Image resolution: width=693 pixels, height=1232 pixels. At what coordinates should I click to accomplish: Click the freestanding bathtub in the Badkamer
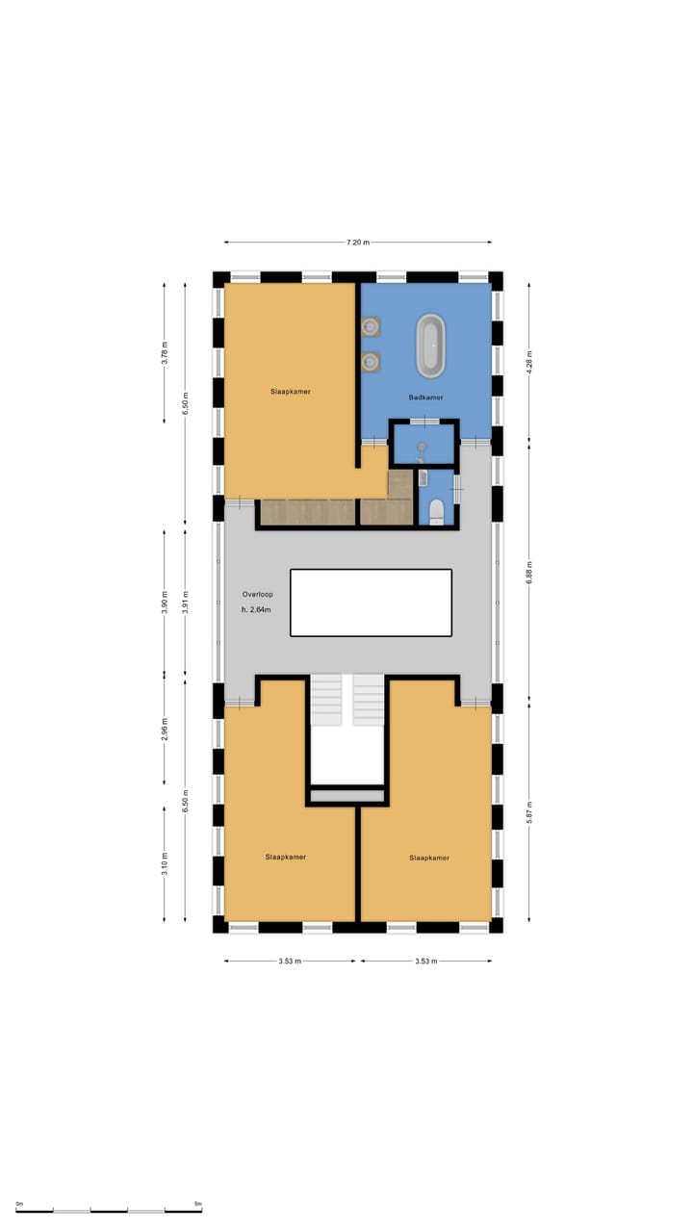(431, 345)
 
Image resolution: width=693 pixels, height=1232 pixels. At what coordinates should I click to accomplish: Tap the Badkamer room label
(425, 397)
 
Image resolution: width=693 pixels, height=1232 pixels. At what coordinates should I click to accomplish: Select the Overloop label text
(258, 594)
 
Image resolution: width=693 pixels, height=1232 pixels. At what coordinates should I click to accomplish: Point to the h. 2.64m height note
(257, 609)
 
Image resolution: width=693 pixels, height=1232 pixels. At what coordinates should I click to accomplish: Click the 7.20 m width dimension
(358, 242)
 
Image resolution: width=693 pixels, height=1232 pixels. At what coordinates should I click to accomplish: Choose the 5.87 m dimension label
(528, 812)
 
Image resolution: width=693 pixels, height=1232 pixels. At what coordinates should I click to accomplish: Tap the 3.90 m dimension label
(165, 602)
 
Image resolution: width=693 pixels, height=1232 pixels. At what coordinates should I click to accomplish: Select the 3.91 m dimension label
(186, 602)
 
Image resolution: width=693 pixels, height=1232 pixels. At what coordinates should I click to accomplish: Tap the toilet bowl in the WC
(436, 510)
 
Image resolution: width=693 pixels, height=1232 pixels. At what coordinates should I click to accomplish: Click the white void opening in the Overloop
(371, 602)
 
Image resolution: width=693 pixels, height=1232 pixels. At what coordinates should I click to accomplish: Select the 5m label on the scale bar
(197, 1204)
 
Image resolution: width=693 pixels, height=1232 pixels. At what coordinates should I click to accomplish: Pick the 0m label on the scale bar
(19, 1204)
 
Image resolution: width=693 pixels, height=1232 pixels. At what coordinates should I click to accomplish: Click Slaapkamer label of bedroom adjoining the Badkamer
(290, 392)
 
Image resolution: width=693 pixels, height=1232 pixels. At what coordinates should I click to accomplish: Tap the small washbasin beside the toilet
(423, 478)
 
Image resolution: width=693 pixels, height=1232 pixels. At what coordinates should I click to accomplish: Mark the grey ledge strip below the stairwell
(346, 796)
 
